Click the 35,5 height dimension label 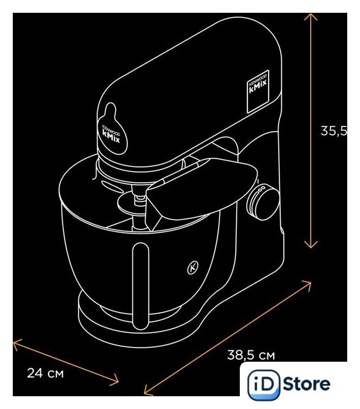[334, 131]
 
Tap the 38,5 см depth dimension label [251, 355]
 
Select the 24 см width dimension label [45, 373]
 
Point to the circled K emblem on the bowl [192, 267]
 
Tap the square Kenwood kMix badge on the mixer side [258, 91]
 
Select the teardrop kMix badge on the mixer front [112, 129]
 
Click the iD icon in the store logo [263, 385]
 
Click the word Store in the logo [306, 384]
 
